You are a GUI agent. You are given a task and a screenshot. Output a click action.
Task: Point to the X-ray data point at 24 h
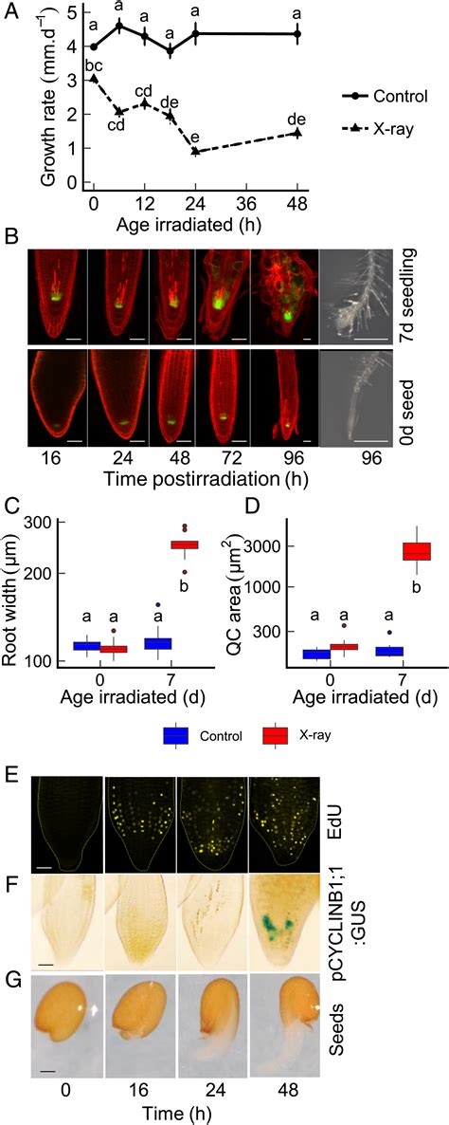pos(195,152)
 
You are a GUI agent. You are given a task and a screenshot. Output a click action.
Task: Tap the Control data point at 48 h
pos(297,34)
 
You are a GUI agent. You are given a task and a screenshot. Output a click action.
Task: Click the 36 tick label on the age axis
pos(246,202)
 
